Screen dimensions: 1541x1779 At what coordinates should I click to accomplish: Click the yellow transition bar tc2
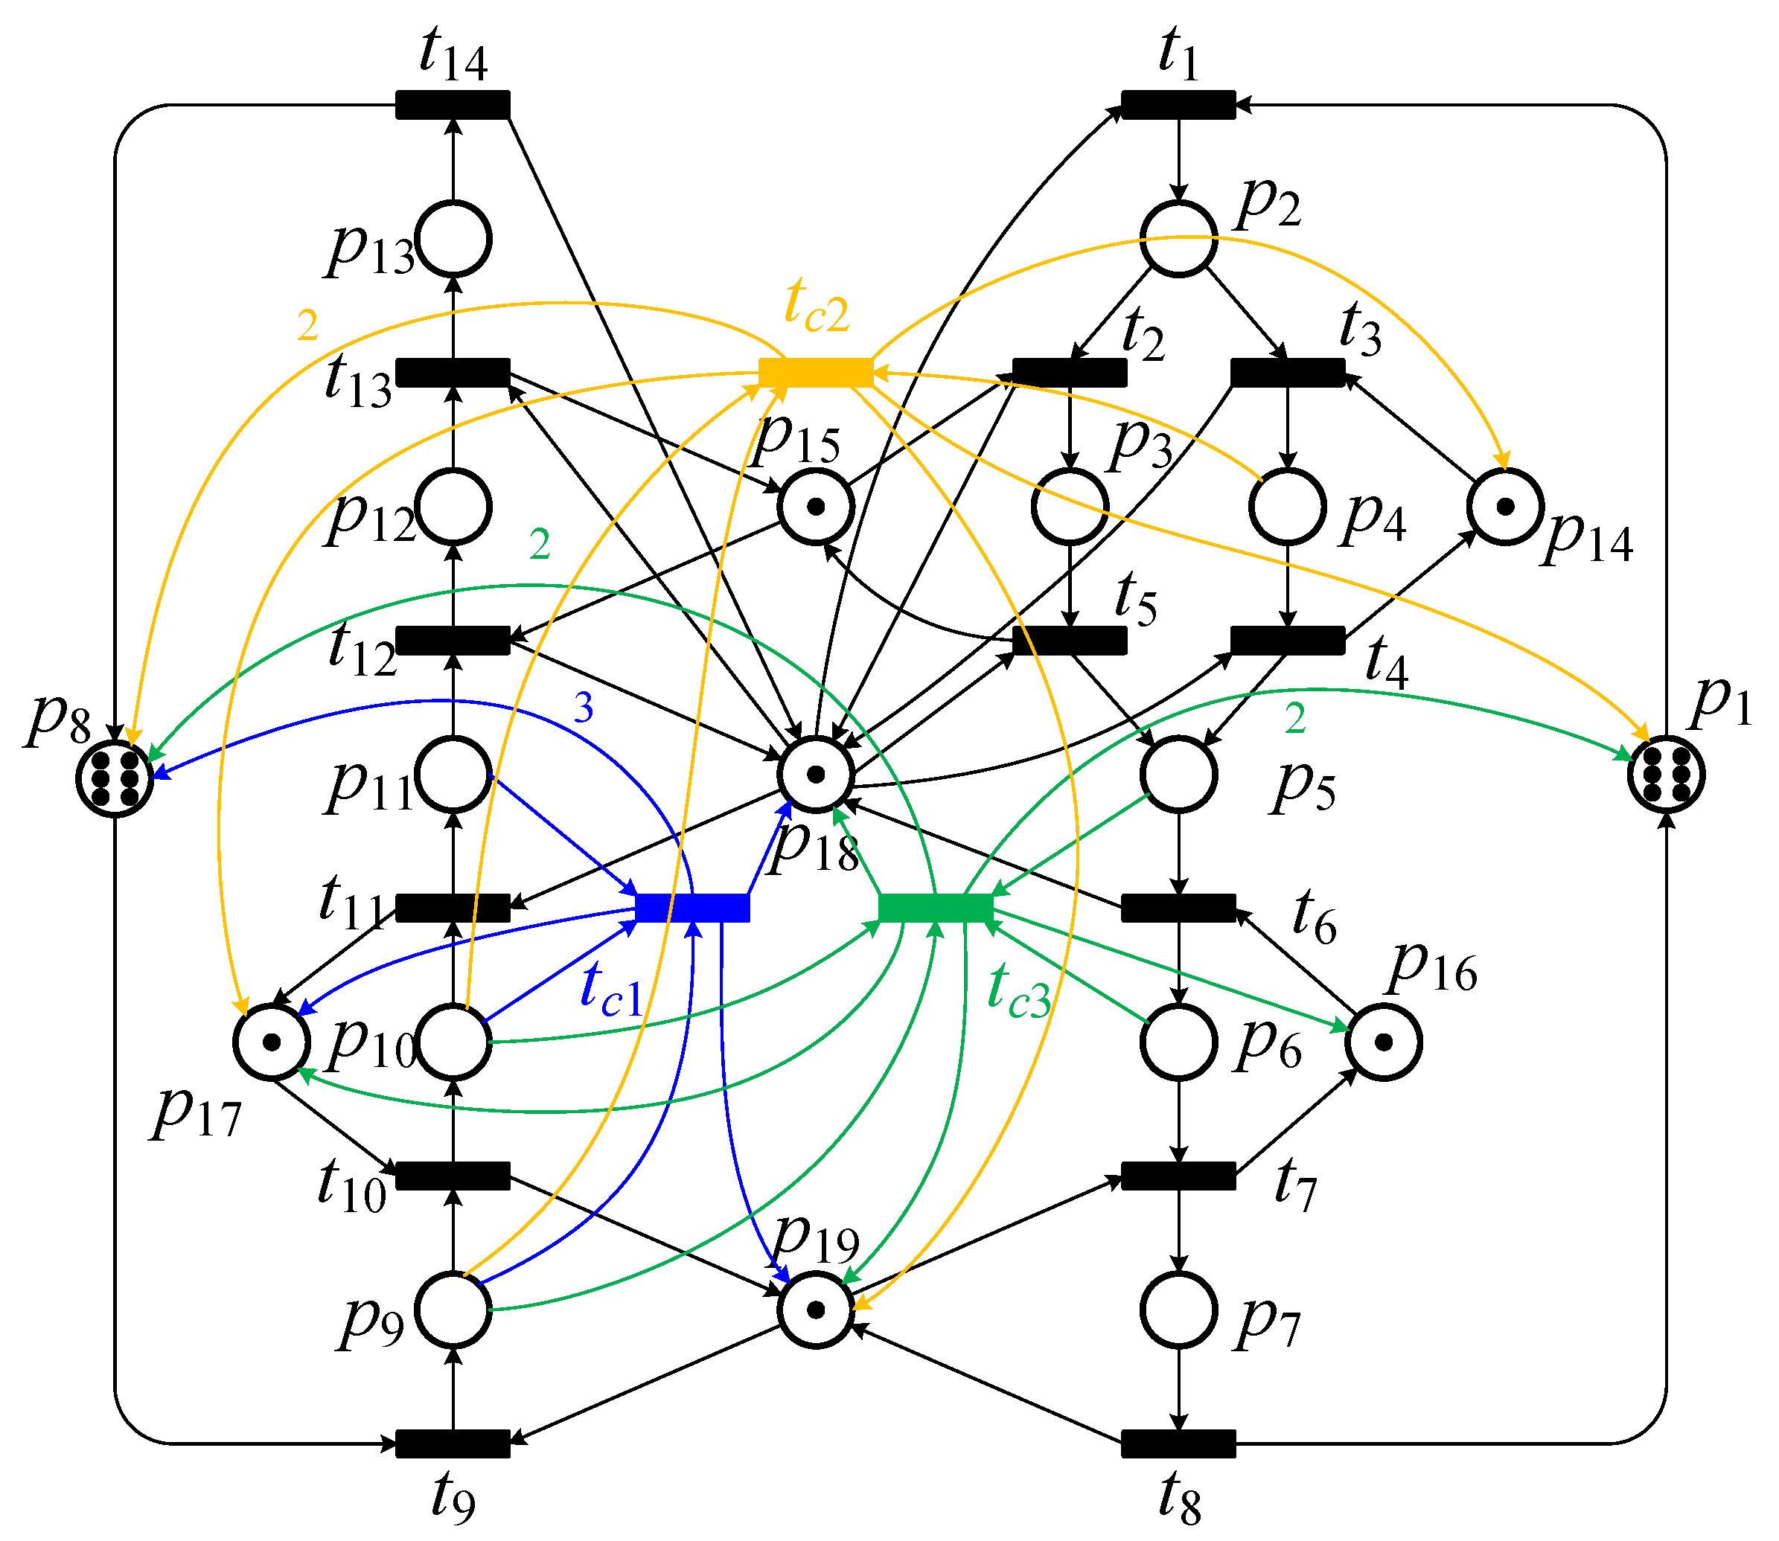tap(816, 372)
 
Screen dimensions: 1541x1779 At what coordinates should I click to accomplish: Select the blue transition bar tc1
tap(692, 907)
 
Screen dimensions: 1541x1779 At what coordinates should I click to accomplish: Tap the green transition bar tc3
tap(935, 907)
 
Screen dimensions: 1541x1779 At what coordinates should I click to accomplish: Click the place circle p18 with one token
tap(816, 774)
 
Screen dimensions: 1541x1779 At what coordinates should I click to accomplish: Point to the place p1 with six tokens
tap(1667, 774)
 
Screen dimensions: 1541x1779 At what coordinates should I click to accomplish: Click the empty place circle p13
tap(453, 239)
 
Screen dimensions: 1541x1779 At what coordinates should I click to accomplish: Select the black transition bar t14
tap(453, 104)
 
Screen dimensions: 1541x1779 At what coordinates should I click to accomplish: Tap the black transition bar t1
tap(1178, 104)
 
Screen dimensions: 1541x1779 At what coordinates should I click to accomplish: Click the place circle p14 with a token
tap(1504, 507)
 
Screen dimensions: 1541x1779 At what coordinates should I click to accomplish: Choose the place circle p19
tap(816, 1310)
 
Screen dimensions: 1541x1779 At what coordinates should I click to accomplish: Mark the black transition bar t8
tap(1178, 1444)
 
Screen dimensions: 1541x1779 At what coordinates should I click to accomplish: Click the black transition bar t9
tap(453, 1444)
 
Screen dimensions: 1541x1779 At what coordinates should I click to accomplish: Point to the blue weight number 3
tap(584, 708)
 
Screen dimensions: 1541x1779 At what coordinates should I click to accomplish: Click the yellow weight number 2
tap(307, 326)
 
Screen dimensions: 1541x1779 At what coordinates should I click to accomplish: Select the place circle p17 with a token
tap(272, 1042)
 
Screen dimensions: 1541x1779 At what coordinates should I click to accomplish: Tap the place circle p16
tap(1383, 1042)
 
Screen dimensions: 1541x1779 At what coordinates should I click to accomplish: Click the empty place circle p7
tap(1178, 1310)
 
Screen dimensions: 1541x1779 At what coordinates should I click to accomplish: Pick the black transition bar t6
tap(1178, 907)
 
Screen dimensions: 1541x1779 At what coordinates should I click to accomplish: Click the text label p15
tap(796, 438)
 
